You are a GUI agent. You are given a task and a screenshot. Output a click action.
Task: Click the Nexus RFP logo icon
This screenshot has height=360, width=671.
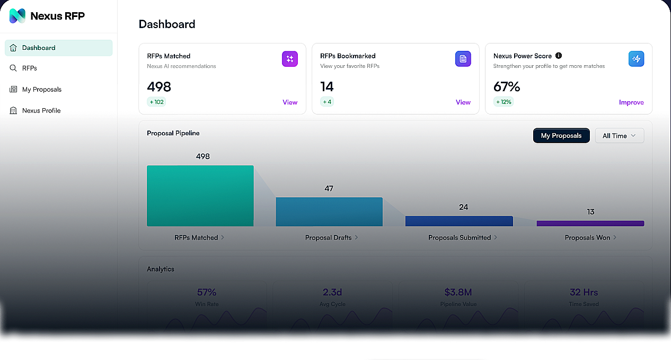(x=17, y=16)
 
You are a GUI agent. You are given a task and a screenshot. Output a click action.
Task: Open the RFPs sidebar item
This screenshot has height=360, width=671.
(x=29, y=68)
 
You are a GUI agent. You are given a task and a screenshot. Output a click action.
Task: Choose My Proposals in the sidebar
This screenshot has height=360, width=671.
(x=41, y=90)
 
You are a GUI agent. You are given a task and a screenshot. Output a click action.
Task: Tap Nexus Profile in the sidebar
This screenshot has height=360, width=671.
(x=41, y=111)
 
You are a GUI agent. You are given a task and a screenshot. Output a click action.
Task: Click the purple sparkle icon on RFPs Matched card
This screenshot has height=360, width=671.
(x=290, y=59)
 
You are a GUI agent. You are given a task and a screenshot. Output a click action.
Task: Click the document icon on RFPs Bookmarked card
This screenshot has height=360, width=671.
(x=463, y=59)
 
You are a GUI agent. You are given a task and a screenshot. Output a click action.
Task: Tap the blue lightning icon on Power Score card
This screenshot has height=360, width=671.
(x=636, y=59)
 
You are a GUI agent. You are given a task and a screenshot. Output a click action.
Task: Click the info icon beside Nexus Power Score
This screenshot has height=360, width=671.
(x=559, y=56)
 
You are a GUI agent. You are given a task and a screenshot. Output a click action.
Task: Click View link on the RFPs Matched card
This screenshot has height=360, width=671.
(x=290, y=102)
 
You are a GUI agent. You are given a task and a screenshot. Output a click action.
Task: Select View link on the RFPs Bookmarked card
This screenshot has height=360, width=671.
(x=463, y=102)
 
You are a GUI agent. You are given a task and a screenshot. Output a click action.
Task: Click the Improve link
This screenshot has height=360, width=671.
(x=631, y=102)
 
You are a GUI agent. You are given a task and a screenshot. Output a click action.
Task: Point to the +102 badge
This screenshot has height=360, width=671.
(x=156, y=102)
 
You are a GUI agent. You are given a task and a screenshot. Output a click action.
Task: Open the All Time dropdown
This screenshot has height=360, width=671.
(x=619, y=136)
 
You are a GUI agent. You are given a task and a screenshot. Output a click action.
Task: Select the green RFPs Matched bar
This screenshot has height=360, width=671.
(x=200, y=196)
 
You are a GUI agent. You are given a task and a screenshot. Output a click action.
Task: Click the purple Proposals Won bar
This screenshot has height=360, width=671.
(x=590, y=224)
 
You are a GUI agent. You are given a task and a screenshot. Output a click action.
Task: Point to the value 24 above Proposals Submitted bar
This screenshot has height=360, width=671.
(x=463, y=207)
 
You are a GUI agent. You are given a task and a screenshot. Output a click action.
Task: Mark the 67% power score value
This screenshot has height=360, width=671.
(x=507, y=86)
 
